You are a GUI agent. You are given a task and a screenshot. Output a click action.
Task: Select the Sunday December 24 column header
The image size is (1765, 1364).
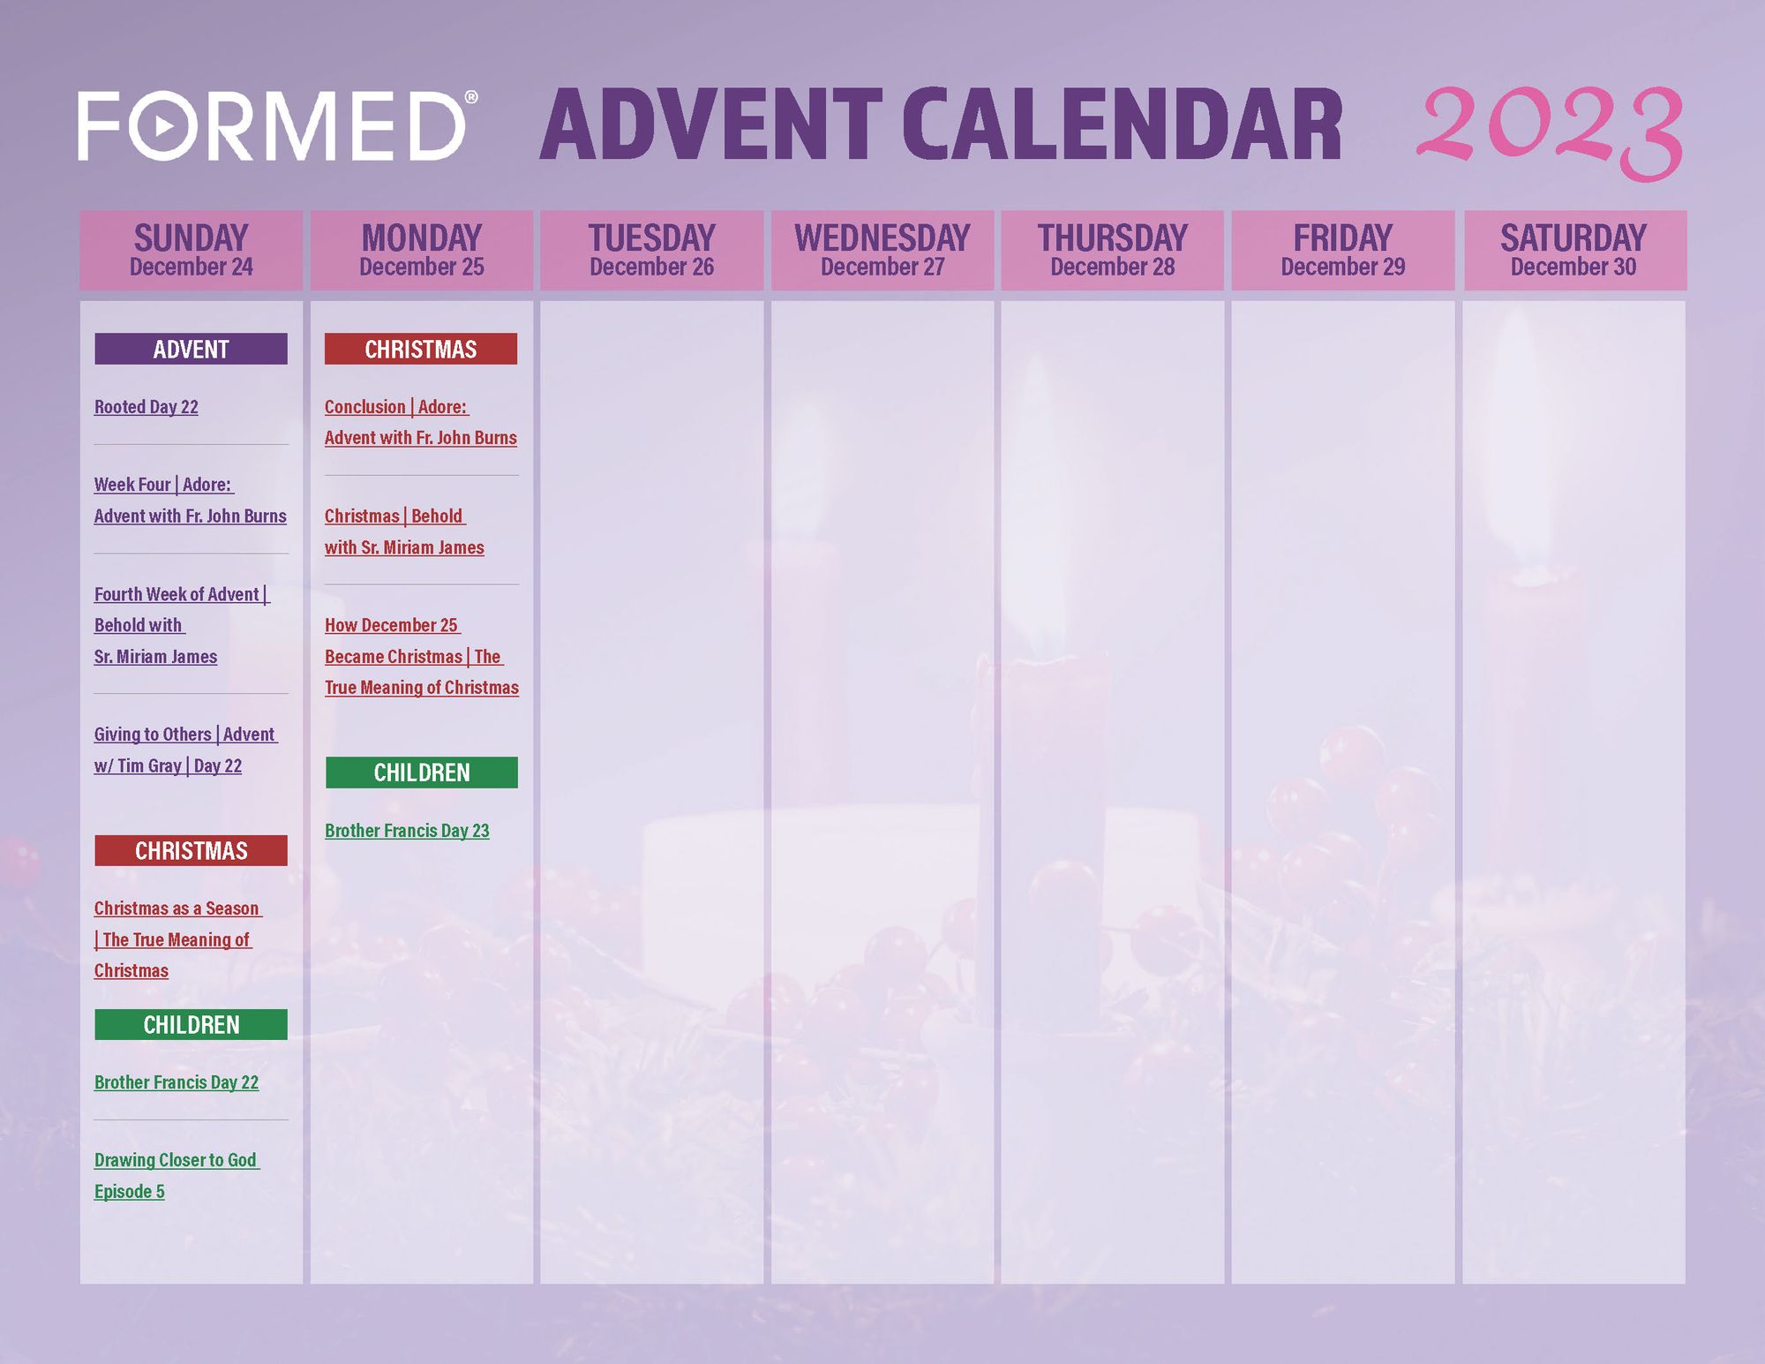(x=192, y=251)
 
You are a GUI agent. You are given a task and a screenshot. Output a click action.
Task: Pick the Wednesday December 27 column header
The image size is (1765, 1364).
(x=882, y=251)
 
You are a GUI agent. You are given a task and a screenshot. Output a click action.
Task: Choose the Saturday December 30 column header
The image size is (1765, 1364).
(x=1574, y=251)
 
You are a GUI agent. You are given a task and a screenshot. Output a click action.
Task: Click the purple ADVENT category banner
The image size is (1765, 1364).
(x=192, y=349)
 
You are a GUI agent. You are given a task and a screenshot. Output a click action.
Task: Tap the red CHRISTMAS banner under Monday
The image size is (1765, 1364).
(x=421, y=349)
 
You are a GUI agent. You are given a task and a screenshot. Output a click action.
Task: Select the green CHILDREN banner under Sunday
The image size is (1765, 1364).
(x=192, y=1024)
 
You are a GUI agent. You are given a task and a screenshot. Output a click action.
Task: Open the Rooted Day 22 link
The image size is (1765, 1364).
(x=146, y=407)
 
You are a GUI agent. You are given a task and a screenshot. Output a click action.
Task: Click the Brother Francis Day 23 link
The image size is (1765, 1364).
(x=407, y=831)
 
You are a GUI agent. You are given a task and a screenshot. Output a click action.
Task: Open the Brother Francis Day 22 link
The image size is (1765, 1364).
(x=176, y=1082)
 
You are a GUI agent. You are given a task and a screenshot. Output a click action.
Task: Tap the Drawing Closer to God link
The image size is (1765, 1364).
(x=176, y=1176)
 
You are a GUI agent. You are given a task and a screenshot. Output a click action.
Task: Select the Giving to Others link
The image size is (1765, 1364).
(x=186, y=750)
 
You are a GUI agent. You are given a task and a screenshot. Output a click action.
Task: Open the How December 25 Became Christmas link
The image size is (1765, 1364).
(x=422, y=656)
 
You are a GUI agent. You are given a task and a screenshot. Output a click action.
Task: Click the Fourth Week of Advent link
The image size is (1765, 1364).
(x=182, y=625)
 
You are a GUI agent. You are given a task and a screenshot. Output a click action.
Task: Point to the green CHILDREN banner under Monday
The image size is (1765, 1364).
(x=422, y=772)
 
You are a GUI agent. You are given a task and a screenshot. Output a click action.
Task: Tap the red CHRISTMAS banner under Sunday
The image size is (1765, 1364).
(x=192, y=850)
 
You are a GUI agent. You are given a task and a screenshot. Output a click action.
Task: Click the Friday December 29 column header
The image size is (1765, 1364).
(x=1343, y=251)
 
